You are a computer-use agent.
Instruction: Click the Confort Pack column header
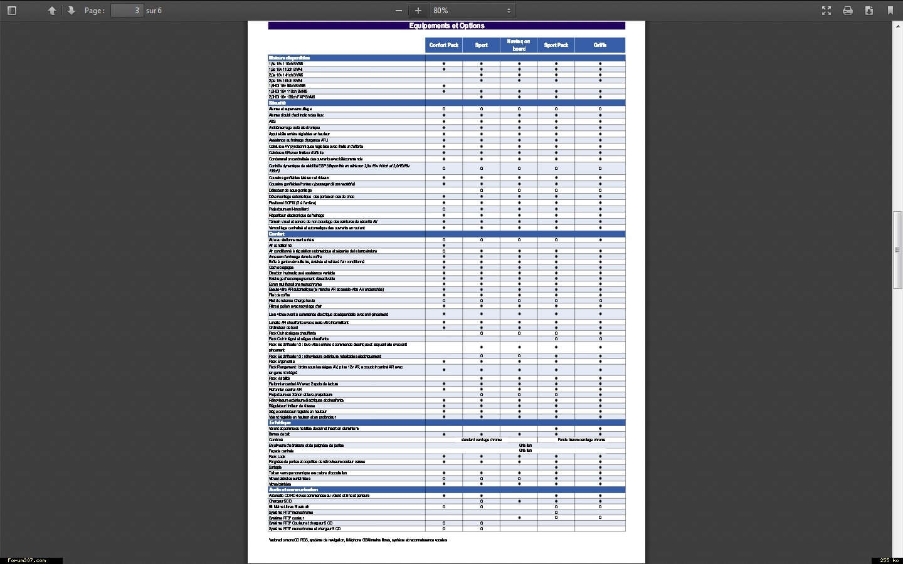tap(443, 45)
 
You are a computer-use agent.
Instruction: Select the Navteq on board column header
tap(519, 45)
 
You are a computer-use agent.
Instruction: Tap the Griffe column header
tap(600, 45)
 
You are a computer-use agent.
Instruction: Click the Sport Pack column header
tap(556, 45)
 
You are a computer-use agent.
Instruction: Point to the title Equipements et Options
tap(446, 26)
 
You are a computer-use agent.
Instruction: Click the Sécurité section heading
tap(278, 103)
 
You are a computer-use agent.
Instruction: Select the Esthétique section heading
tap(280, 423)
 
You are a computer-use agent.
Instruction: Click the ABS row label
tap(272, 122)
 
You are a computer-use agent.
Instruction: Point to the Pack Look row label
tap(277, 457)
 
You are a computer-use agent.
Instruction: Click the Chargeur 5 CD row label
tap(280, 501)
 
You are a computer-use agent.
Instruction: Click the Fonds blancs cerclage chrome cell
tap(581, 440)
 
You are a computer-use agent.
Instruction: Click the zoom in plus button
tap(418, 11)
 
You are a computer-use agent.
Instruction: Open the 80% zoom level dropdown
tap(472, 11)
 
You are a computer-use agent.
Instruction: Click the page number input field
tap(127, 11)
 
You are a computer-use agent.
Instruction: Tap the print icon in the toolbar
tap(848, 11)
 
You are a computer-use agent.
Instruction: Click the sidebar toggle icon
tap(12, 11)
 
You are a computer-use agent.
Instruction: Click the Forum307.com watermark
tap(27, 560)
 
